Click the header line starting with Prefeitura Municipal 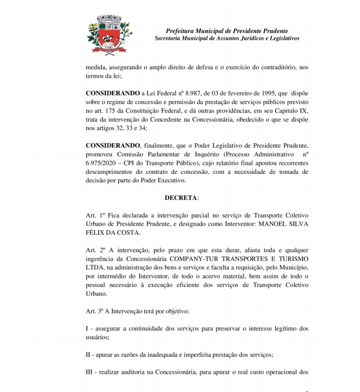point(227,31)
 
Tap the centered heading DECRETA point(181,198)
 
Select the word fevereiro point(227,92)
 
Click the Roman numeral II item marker point(89,355)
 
